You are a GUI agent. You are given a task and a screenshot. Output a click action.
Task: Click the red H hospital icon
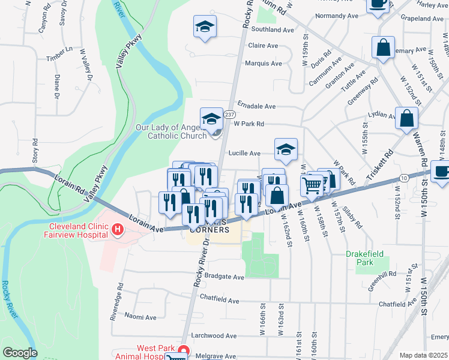[x=117, y=229]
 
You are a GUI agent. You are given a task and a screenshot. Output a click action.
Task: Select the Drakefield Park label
[x=364, y=258]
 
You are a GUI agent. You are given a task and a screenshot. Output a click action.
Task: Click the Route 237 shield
[x=229, y=114]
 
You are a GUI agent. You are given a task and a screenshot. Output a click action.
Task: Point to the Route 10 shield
[x=405, y=178]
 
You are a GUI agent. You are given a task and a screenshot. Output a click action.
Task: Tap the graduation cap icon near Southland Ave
[x=205, y=27]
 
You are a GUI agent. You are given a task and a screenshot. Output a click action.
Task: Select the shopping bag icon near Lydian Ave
[x=406, y=118]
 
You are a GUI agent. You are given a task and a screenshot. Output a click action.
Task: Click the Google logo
[x=20, y=353]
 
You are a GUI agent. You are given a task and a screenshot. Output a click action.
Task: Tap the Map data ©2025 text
[x=423, y=355]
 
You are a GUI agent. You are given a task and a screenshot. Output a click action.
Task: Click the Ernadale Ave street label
[x=256, y=106]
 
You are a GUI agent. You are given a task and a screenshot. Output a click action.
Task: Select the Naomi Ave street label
[x=140, y=316]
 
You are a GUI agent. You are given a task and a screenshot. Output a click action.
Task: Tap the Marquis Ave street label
[x=264, y=64]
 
